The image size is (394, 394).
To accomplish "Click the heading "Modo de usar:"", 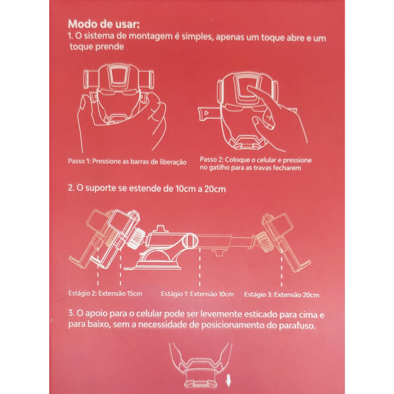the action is tap(104, 24).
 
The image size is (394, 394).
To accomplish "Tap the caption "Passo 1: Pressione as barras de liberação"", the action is tap(127, 162).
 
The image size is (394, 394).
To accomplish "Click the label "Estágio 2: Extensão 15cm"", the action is tap(105, 294).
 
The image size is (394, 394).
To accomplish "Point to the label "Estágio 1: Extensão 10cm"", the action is tap(197, 294).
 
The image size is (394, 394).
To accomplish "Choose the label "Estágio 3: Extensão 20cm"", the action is tap(282, 294).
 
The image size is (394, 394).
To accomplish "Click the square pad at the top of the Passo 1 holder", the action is tap(118, 76).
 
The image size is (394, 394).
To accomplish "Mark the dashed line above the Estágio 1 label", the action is tap(200, 267).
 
